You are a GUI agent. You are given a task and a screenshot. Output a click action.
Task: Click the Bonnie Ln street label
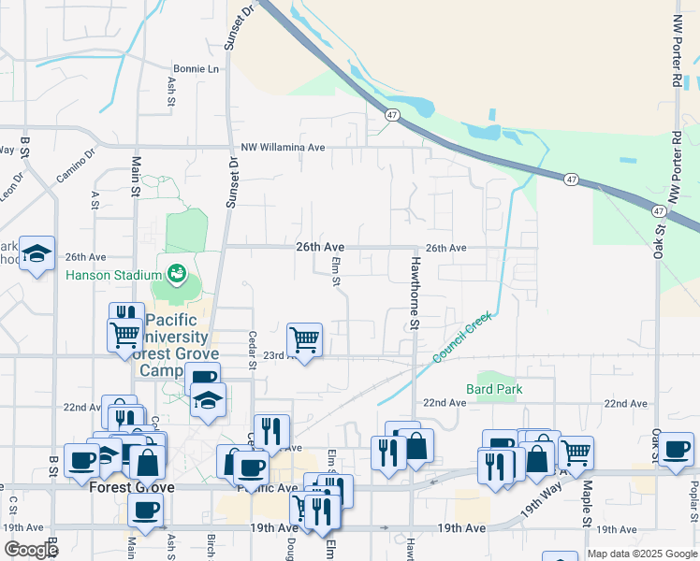(x=196, y=69)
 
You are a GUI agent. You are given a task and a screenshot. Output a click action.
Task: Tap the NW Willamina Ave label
(x=283, y=148)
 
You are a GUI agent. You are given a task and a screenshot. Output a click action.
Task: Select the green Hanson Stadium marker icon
(x=175, y=274)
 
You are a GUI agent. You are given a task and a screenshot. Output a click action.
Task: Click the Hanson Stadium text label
(x=112, y=274)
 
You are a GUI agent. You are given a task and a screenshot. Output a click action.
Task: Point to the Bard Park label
(x=494, y=389)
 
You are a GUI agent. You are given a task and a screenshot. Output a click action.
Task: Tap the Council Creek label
(x=461, y=339)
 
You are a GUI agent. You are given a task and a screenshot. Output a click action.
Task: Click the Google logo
(x=30, y=550)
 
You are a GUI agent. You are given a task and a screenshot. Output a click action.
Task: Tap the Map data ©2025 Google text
(x=642, y=554)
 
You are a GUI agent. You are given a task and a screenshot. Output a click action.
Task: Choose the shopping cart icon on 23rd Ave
(x=304, y=340)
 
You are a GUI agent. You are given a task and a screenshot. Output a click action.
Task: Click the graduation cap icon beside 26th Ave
(x=36, y=254)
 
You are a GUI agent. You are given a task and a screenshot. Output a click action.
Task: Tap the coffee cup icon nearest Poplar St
(x=676, y=449)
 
